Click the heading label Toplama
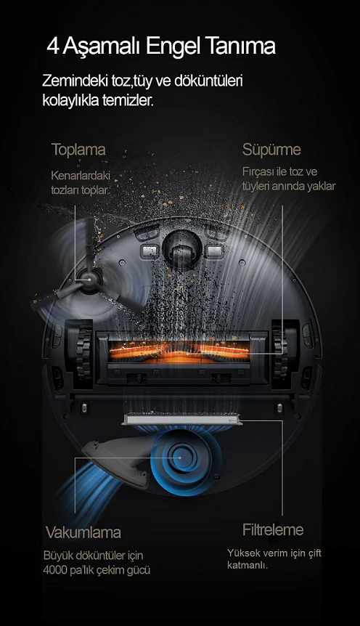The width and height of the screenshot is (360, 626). (78, 150)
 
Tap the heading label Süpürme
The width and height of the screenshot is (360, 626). (271, 150)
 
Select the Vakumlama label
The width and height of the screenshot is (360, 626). (83, 532)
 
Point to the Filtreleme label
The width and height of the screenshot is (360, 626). (273, 530)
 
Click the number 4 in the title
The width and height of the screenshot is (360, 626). (52, 46)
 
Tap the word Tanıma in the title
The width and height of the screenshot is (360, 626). (241, 46)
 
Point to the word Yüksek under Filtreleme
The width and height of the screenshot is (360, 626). (244, 553)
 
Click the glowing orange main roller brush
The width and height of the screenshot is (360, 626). (179, 351)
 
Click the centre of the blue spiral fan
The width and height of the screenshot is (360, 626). (179, 458)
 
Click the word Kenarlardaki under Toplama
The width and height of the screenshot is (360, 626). (81, 176)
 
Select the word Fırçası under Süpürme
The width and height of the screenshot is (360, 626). (258, 172)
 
